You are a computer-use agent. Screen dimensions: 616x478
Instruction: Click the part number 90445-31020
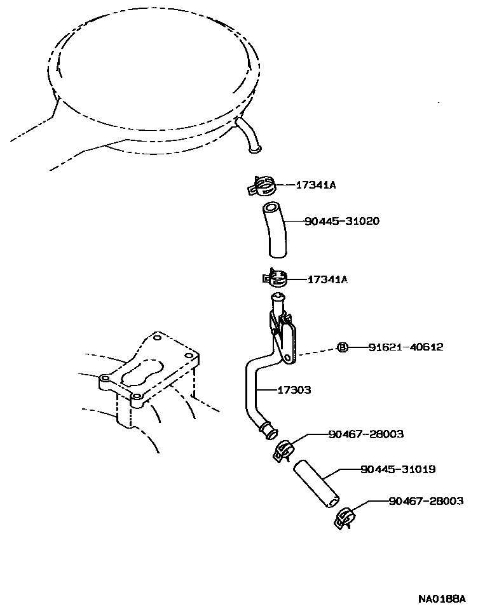pyautogui.click(x=343, y=222)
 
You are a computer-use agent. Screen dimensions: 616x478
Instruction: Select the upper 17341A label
pyautogui.click(x=315, y=185)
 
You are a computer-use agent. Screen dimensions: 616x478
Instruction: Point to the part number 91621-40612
pyautogui.click(x=406, y=347)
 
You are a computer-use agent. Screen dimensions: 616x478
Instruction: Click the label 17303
pyautogui.click(x=294, y=390)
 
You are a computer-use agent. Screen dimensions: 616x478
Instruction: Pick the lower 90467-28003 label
pyautogui.click(x=425, y=501)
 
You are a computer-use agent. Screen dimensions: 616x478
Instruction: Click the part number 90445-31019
pyautogui.click(x=398, y=469)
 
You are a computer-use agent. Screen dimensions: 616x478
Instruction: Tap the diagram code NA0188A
pyautogui.click(x=442, y=599)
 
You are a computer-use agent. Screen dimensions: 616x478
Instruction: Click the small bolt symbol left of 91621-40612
pyautogui.click(x=341, y=347)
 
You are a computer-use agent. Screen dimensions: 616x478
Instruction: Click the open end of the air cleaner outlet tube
pyautogui.click(x=254, y=150)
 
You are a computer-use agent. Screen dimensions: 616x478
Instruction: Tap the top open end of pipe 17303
pyautogui.click(x=277, y=297)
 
